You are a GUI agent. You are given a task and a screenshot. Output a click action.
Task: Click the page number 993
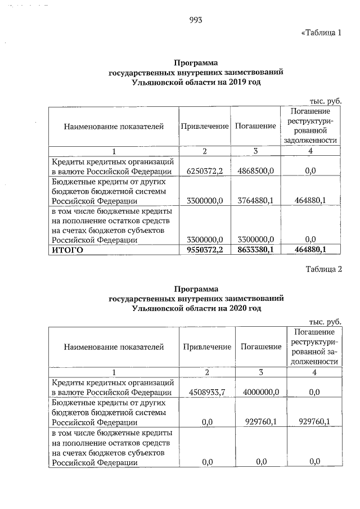pos(196,20)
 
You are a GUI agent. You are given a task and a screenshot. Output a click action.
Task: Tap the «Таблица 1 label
pos(322,32)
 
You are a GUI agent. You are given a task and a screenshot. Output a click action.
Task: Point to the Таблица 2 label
pos(324,268)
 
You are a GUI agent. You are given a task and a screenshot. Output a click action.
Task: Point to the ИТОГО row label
pos(67,250)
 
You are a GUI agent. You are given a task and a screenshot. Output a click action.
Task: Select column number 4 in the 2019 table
pos(310,151)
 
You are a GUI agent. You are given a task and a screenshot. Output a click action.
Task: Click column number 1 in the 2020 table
pos(114,372)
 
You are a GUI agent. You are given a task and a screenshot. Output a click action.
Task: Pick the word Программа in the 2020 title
pos(196,289)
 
